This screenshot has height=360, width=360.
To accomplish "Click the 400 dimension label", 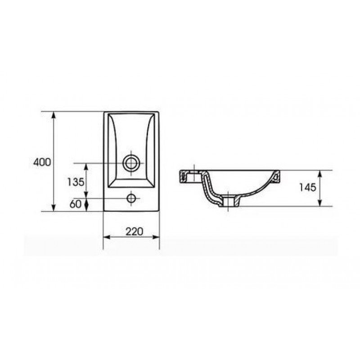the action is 42,162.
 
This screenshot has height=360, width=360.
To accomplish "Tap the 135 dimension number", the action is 76,182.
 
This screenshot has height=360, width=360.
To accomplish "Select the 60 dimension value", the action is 75,204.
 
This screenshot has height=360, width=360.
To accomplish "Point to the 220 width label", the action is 134,231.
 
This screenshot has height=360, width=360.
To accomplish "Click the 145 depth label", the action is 308,188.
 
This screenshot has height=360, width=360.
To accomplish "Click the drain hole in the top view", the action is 131,163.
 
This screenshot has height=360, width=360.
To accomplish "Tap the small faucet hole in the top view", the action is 131,198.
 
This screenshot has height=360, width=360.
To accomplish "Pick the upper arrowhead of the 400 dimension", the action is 54,115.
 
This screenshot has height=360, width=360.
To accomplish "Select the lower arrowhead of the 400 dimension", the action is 54,208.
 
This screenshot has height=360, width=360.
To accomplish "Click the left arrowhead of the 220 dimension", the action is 107,237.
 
